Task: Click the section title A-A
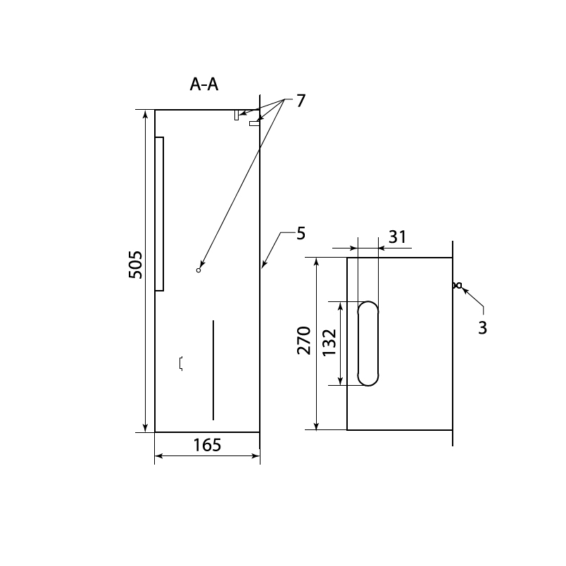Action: coord(204,84)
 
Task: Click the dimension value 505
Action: coord(135,265)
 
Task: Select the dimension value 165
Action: coord(207,445)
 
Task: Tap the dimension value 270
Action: coord(304,341)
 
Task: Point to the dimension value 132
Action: coord(329,343)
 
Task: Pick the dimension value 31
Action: coord(398,237)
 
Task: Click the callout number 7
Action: coord(301,101)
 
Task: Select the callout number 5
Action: coord(301,234)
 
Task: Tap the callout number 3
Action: coord(483,328)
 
